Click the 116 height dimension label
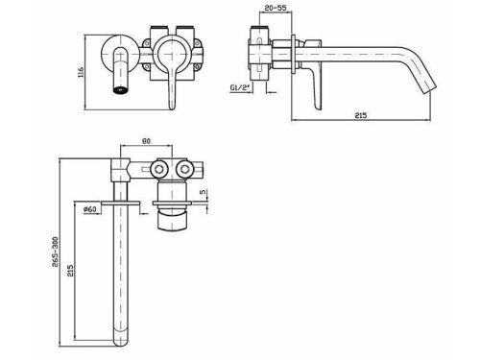click(81, 72)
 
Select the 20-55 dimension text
click(276, 8)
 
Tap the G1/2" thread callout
click(240, 87)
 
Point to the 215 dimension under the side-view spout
click(361, 115)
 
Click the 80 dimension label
click(146, 141)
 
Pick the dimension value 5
click(203, 192)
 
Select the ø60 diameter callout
click(89, 209)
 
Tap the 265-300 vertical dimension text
click(55, 252)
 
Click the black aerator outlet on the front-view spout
click(120, 89)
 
